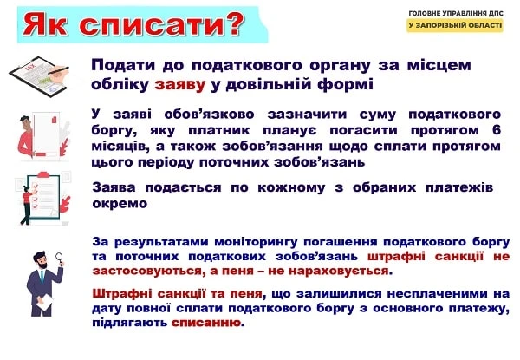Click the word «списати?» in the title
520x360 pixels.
click(x=164, y=25)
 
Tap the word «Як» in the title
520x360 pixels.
click(x=49, y=25)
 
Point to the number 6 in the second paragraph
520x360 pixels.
click(x=496, y=129)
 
